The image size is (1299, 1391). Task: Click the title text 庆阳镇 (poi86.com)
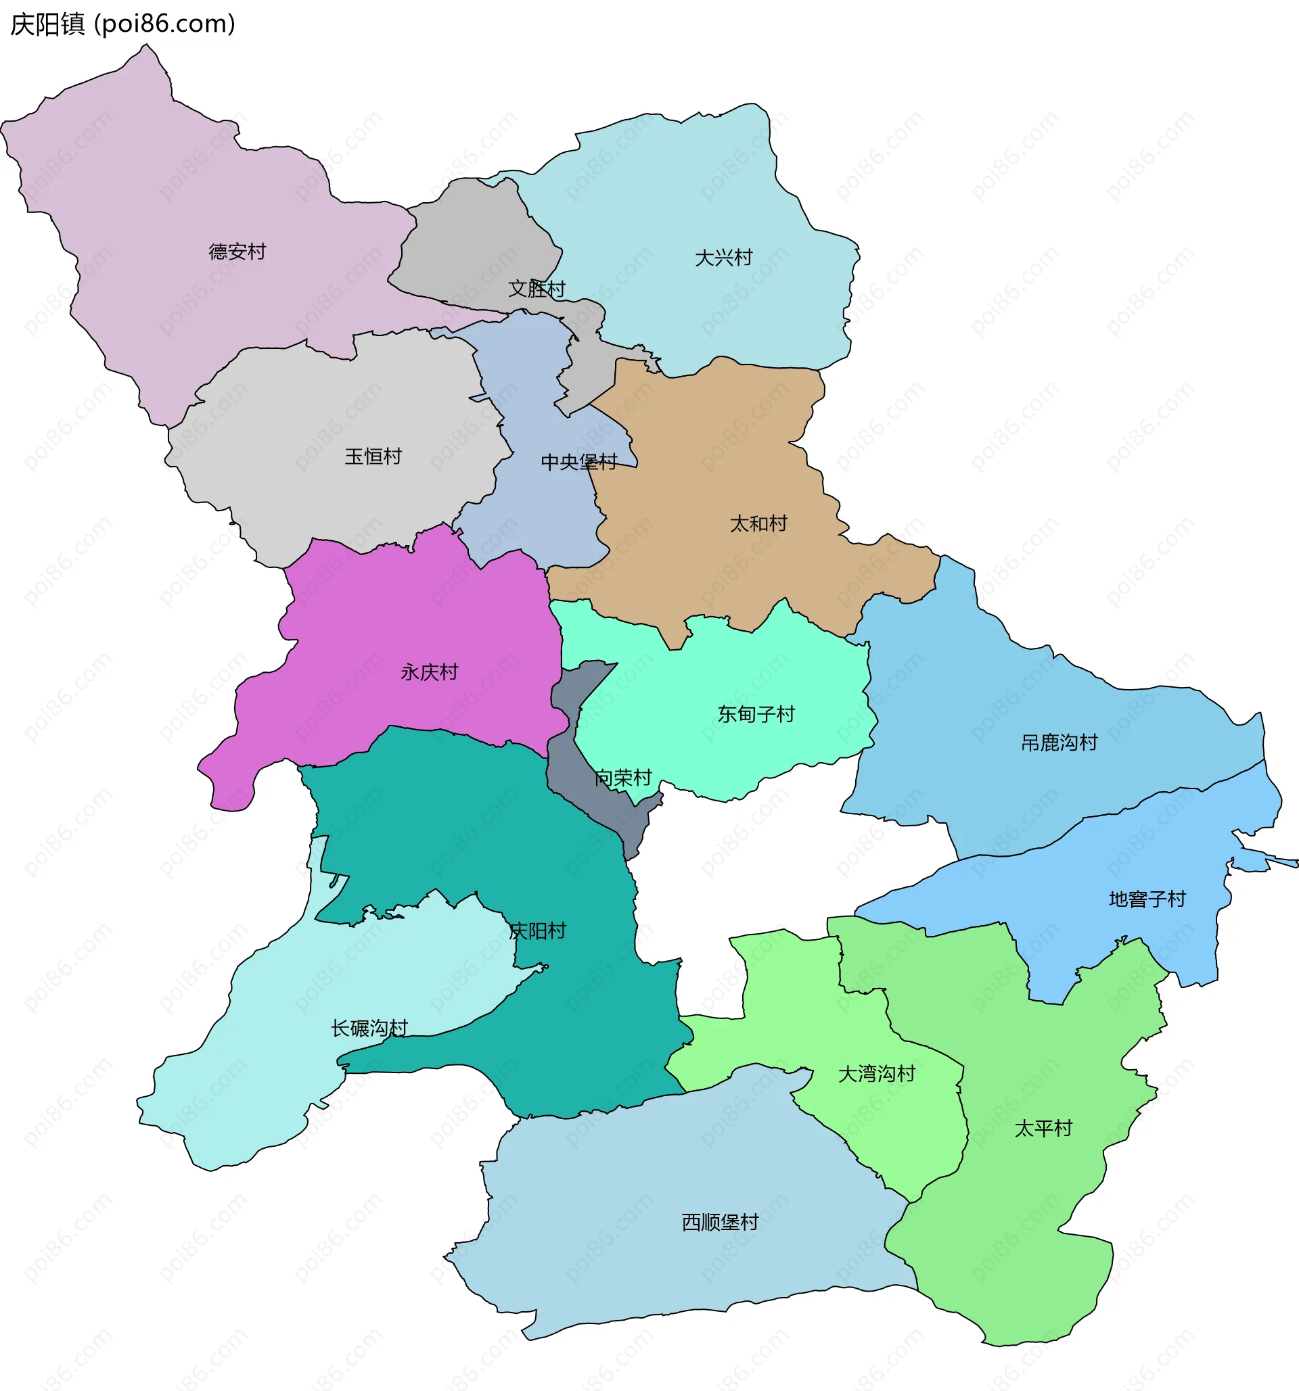122,24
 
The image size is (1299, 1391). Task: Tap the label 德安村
237,252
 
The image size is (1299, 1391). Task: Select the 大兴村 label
723,258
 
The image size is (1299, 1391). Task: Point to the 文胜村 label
536,289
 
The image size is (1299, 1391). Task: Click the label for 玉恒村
373,457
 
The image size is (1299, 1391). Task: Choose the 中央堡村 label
579,463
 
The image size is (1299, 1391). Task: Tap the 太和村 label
758,524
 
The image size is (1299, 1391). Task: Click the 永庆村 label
429,672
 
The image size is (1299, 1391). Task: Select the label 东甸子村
756,714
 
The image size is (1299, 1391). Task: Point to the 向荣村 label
623,778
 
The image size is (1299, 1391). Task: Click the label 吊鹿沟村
1059,743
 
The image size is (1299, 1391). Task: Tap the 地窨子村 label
1147,899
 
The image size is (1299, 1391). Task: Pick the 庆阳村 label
537,931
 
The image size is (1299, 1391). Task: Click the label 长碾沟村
369,1029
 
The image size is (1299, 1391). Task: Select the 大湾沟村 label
876,1074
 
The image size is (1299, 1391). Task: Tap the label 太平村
1043,1129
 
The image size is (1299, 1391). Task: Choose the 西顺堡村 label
720,1223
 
